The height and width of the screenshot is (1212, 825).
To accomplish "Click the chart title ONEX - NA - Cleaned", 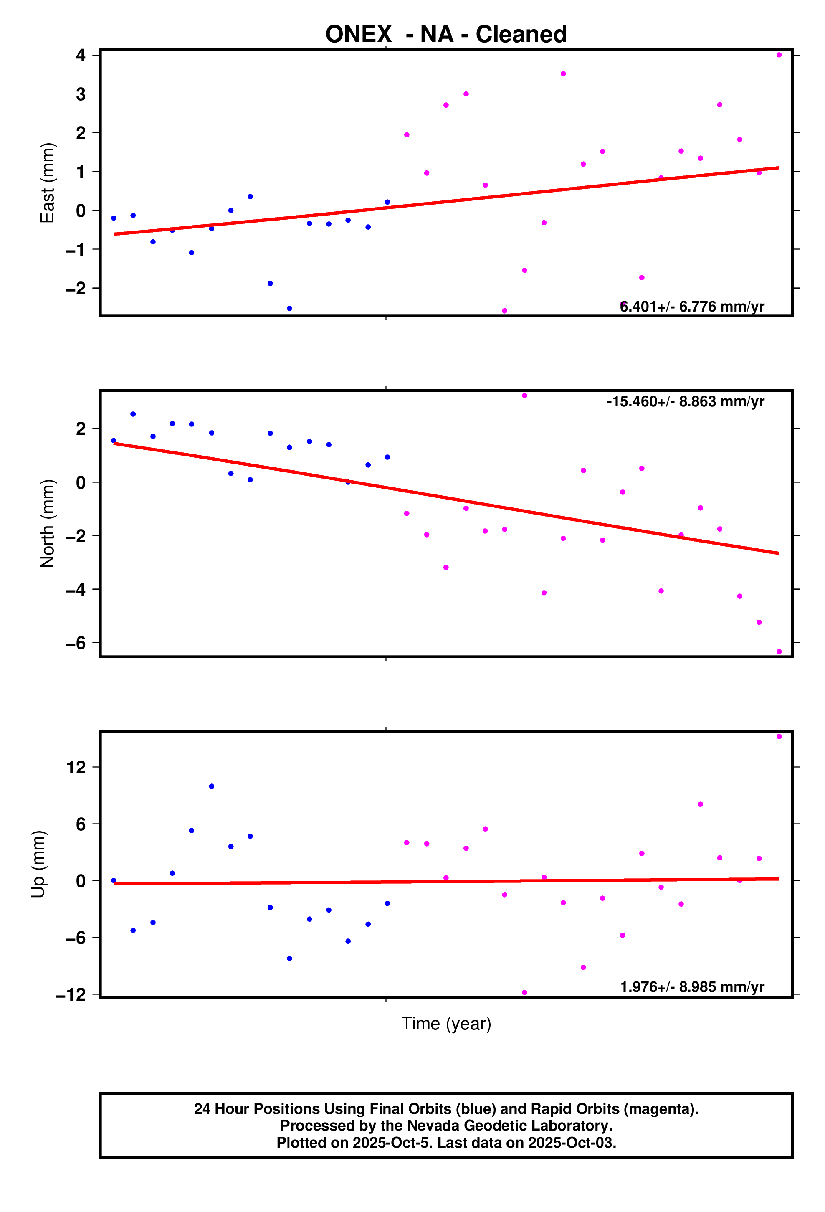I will [x=446, y=34].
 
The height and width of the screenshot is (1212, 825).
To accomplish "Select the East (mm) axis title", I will [x=48, y=183].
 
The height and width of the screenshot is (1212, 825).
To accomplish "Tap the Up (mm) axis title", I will [x=38, y=864].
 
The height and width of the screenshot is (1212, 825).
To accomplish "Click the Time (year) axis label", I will [x=446, y=1024].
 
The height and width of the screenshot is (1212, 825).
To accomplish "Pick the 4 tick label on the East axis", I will [x=81, y=55].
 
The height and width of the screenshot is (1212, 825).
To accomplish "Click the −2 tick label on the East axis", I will [x=76, y=289].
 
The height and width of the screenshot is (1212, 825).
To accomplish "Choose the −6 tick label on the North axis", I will [x=76, y=643].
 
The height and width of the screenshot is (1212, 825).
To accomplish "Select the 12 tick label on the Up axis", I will [x=76, y=767].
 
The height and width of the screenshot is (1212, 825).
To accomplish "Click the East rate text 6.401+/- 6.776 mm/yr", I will [x=691, y=307].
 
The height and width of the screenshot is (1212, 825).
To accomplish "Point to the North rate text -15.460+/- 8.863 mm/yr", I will [x=685, y=402].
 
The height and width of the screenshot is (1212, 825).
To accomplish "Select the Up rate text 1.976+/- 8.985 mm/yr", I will [x=691, y=987].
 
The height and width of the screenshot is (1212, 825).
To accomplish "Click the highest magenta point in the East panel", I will [x=779, y=55].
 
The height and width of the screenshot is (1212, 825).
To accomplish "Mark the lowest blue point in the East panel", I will [x=289, y=308].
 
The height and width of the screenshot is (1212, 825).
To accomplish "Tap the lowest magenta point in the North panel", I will [x=779, y=652].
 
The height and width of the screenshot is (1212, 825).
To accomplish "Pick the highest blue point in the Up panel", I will [x=211, y=786].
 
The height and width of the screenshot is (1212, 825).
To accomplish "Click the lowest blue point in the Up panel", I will [x=289, y=958].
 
